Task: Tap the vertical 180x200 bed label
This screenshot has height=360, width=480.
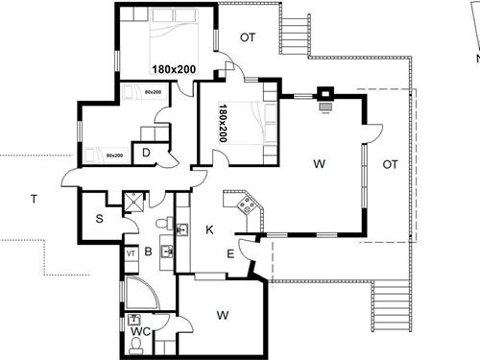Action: click(223, 122)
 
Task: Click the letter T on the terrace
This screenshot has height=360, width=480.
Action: click(34, 199)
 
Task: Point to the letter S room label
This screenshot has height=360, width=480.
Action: click(100, 220)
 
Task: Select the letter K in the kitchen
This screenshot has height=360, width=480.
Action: click(208, 230)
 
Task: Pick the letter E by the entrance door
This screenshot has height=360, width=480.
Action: click(230, 253)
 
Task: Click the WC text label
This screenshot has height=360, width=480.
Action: click(139, 333)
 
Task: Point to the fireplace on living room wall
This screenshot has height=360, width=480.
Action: click(326, 97)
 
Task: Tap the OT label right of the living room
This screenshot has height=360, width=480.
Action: click(391, 164)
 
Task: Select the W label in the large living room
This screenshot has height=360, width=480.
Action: click(318, 164)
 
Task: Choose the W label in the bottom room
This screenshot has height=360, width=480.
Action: click(222, 314)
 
